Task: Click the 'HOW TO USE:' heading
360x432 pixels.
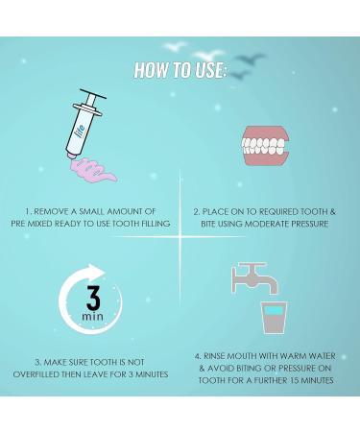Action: (x=180, y=69)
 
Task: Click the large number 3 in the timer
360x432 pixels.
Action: (x=92, y=293)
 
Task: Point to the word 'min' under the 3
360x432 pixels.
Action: (x=92, y=316)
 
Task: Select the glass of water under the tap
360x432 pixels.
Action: (x=274, y=317)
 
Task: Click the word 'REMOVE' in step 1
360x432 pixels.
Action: (x=61, y=211)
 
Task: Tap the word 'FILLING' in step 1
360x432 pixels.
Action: (x=149, y=224)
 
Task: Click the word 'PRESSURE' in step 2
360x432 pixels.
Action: (x=303, y=224)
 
